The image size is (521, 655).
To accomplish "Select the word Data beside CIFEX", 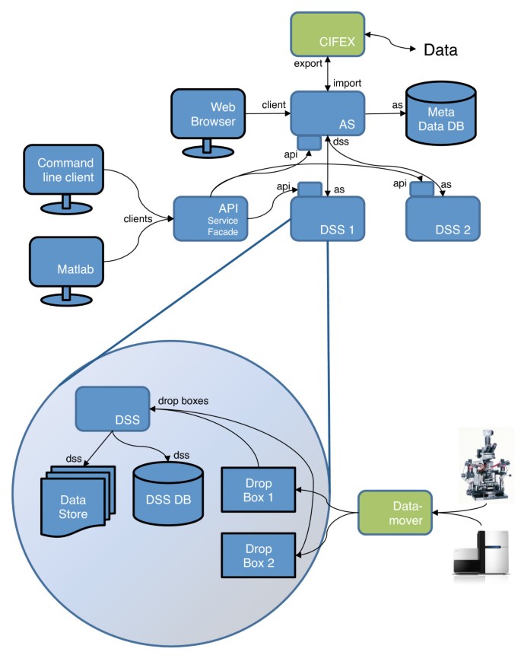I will tap(440, 51).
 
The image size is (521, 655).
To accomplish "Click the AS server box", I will tap(327, 113).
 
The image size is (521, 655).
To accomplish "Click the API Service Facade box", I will tap(211, 218).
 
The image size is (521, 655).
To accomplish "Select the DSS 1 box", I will tap(328, 220).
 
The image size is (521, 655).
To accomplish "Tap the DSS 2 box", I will tap(442, 220).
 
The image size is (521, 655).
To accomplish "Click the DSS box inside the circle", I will tap(112, 408).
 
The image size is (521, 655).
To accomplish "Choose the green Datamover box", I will tap(392, 512).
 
